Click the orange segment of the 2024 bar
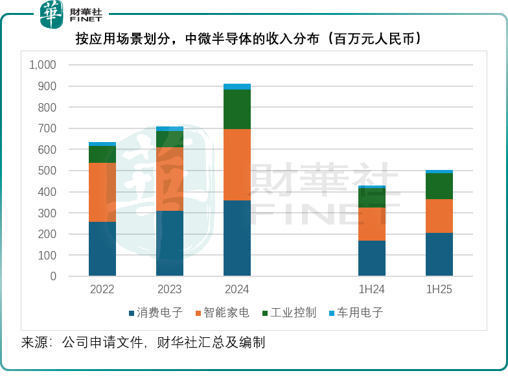click(x=237, y=165)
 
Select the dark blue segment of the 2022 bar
click(x=102, y=249)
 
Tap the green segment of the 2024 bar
click(x=237, y=109)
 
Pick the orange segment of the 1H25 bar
click(x=439, y=216)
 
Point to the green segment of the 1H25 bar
click(x=439, y=186)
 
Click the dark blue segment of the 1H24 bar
click(x=372, y=258)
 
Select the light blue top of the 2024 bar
click(x=237, y=86)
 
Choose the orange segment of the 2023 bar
click(x=170, y=179)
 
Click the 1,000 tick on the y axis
click(x=43, y=65)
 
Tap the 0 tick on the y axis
click(x=53, y=276)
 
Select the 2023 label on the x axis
click(x=170, y=289)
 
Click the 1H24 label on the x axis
click(x=372, y=289)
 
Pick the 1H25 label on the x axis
click(x=439, y=289)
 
